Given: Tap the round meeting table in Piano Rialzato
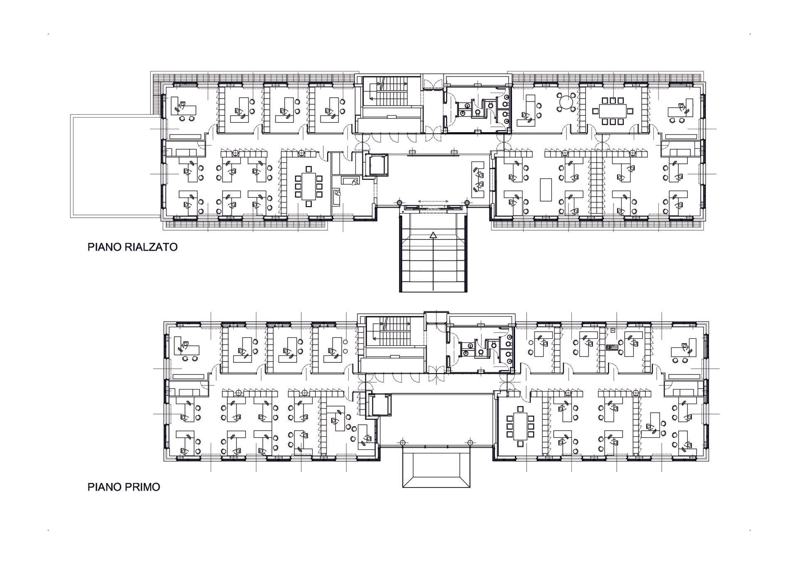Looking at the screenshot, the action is click(566, 101).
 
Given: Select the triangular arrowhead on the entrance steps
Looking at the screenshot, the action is click(433, 235).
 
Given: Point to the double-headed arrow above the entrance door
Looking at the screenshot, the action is click(433, 201).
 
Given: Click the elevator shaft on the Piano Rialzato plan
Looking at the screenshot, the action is click(376, 165).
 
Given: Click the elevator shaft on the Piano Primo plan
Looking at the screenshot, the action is click(380, 405).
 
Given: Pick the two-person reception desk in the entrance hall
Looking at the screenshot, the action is click(478, 180).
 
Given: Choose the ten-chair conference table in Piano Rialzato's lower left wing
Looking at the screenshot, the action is click(308, 186).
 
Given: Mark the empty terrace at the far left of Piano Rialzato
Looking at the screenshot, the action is click(115, 166).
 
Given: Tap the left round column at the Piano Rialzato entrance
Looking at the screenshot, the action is click(399, 203).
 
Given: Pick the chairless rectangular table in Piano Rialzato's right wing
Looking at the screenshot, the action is click(546, 190).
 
